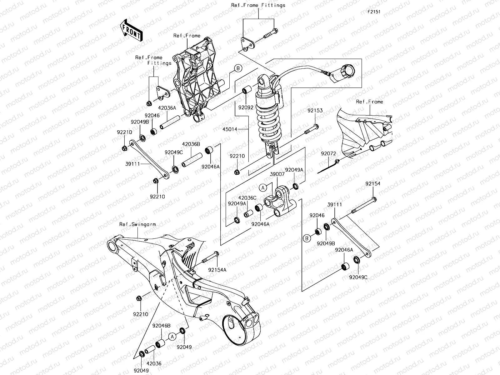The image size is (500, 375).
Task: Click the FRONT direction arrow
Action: [131, 30]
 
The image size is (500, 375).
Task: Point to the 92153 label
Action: [315, 111]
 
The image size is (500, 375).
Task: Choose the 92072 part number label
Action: [328, 153]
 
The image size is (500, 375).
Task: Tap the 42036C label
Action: [247, 198]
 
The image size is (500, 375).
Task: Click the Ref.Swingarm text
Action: [137, 224]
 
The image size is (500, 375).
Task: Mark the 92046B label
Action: [162, 326]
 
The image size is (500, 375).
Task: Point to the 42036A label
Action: [167, 107]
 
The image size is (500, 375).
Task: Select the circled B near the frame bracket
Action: [238, 68]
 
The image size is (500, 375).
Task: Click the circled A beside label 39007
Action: [263, 187]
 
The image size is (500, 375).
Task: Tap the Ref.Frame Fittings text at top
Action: [258, 5]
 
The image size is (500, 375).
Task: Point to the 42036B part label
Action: [191, 144]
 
